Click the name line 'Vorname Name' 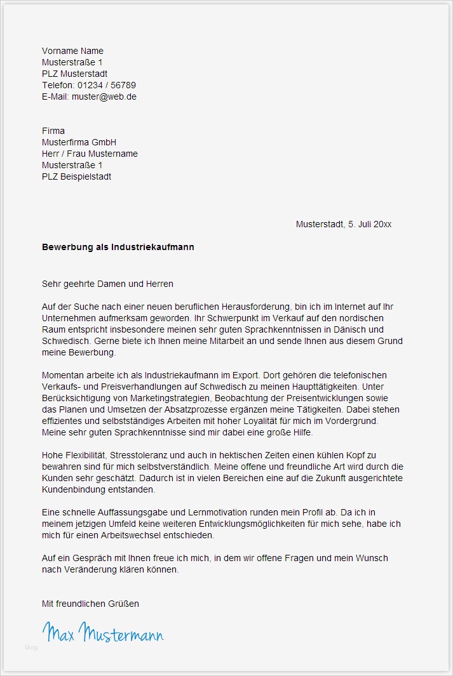[x=72, y=51]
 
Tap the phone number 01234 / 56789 [x=107, y=85]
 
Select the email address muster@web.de [x=104, y=96]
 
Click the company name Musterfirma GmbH [x=79, y=142]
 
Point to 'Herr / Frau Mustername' [x=90, y=154]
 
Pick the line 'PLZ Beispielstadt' [x=76, y=176]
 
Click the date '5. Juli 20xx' [x=370, y=224]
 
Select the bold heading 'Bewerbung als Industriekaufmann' [x=118, y=247]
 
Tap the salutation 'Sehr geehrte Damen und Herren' [x=107, y=284]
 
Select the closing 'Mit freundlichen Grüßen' [x=90, y=604]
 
